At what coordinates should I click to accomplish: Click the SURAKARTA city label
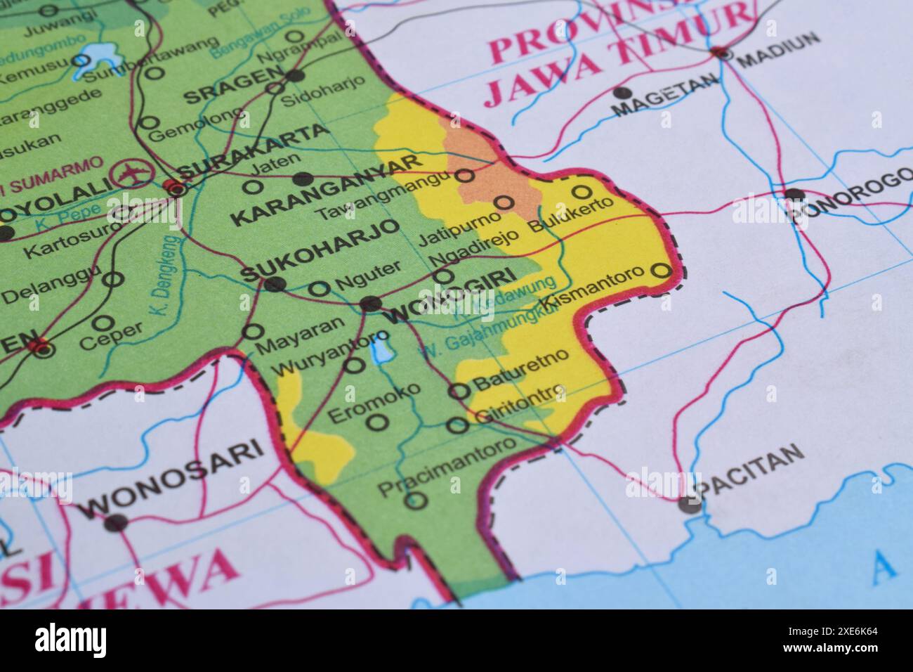(x=253, y=152)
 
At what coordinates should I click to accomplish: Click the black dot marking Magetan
(x=619, y=92)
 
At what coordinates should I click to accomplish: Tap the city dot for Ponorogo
(x=794, y=195)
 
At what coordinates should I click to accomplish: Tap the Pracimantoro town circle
(x=416, y=500)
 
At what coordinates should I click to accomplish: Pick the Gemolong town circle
(x=149, y=123)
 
